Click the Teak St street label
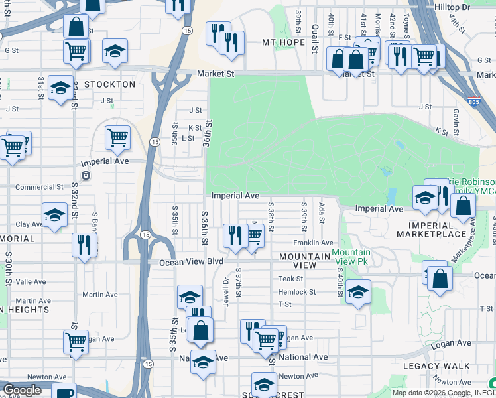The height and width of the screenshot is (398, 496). point(290,279)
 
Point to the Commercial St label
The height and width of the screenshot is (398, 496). point(38,188)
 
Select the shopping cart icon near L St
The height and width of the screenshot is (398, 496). point(117,138)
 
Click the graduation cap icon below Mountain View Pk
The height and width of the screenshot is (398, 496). point(358,291)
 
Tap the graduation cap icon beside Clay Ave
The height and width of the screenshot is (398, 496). point(54,214)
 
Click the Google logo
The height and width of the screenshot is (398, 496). point(22,390)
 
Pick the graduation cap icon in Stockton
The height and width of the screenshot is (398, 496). point(60,88)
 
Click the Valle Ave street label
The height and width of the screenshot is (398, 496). point(31,281)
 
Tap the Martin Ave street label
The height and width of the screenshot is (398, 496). point(33,300)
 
